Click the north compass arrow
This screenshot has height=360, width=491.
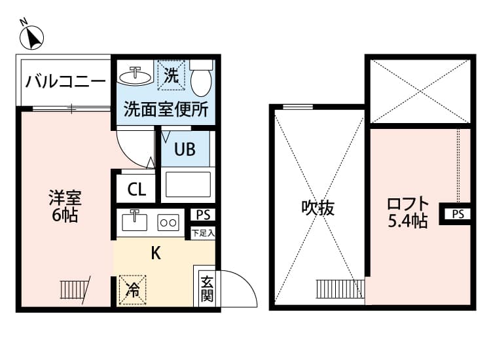coord(31,37)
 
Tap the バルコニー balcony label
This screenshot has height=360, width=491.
coord(65,82)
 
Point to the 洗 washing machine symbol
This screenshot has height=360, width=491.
coord(171,75)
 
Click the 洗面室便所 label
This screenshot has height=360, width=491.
coord(166,109)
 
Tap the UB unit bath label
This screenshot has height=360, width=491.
coord(184,150)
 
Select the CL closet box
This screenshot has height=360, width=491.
coord(137,190)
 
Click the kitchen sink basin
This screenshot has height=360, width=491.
coord(136,223)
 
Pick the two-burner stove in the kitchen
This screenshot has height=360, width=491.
coord(169,223)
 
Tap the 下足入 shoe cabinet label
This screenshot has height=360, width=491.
coord(202,232)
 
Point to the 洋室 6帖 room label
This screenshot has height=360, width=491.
coord(65,206)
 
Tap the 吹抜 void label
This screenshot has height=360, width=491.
coord(318,208)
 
